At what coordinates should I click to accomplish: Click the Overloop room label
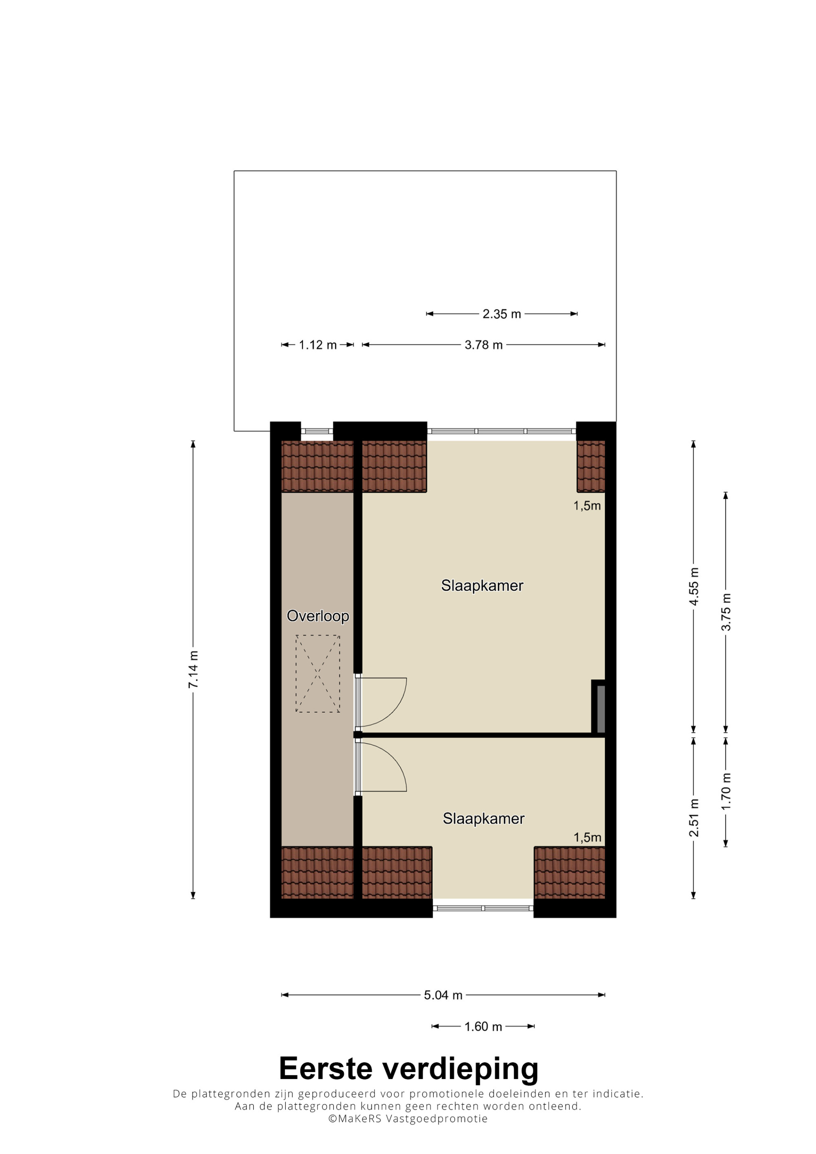318,616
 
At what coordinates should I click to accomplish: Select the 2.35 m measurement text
502,314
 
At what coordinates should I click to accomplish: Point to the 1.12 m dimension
318,345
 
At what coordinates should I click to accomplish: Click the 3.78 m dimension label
483,345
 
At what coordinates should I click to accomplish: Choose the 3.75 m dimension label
726,612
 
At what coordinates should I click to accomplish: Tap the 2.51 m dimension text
694,818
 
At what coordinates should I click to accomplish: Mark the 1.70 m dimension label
726,791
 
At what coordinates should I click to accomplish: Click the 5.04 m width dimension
443,995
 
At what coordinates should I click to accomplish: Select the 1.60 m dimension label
483,1026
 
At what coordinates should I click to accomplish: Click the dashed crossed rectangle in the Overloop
318,674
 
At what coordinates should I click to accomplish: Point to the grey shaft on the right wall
601,708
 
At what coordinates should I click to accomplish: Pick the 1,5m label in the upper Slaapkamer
587,506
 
